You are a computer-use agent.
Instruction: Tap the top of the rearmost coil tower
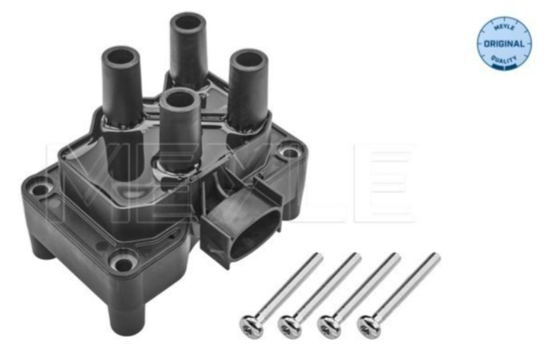188,23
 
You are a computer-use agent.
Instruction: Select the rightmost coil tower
248,89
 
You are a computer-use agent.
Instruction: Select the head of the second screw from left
290,325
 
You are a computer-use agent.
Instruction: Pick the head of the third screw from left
330,325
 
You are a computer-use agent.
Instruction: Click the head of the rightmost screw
368,325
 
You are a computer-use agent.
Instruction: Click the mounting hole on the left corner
40,190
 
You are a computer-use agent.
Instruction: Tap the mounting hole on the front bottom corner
123,262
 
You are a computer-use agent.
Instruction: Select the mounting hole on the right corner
290,153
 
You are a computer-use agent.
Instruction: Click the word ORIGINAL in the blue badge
504,44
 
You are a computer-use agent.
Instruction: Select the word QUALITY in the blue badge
504,60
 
